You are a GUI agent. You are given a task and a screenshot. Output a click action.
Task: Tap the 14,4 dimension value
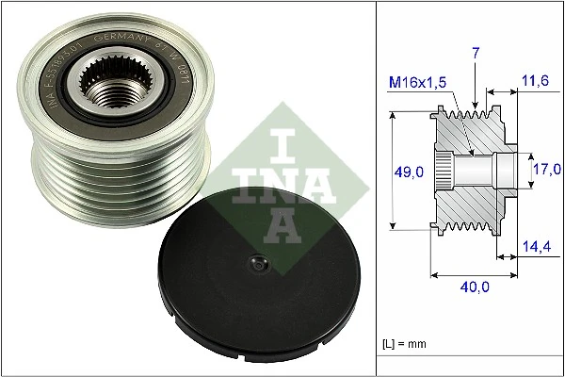coord(536,247)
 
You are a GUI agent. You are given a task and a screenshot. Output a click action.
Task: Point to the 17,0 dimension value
coord(546,171)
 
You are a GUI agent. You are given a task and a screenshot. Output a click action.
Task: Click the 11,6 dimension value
coord(534,84)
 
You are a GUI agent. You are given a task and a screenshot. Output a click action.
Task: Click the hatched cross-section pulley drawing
coord(471,170)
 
